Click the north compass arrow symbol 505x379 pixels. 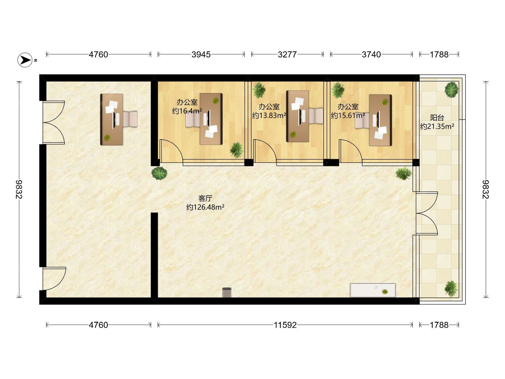pos(25,60)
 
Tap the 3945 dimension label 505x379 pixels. pos(201,54)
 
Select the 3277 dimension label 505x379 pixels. pos(287,54)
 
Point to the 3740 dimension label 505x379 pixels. pos(371,54)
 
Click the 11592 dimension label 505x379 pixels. pos(285,325)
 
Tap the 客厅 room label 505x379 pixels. pos(205,198)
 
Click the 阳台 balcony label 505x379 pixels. pos(437,118)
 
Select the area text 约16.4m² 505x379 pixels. pos(187,111)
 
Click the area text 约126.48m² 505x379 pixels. pos(205,207)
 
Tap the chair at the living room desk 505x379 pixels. pos(130,119)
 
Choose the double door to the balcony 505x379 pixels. pos(427,213)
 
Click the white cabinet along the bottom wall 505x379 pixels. pos(373,290)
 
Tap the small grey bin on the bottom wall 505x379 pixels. pos(227,293)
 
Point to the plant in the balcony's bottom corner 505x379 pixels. pos(451,288)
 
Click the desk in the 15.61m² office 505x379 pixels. pos(380,120)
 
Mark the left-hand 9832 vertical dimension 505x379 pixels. pos(19,189)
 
